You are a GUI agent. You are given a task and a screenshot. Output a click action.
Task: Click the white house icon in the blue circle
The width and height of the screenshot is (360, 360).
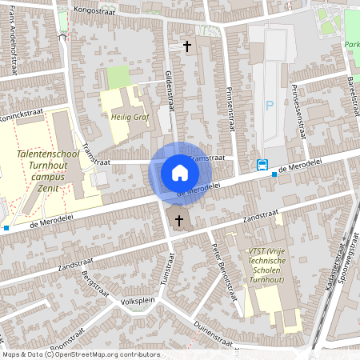[x=179, y=172]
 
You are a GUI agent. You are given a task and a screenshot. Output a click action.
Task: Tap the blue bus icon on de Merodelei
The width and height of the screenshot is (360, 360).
[x=262, y=166]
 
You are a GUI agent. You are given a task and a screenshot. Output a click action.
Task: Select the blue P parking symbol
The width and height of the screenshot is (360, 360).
[x=270, y=105]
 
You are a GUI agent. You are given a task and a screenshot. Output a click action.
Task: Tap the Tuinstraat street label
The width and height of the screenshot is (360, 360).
[x=169, y=270]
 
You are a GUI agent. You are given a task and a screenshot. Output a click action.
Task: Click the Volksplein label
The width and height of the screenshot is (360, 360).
[x=136, y=302]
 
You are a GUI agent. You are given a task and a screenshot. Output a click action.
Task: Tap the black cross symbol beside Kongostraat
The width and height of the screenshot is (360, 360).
[x=188, y=46]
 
